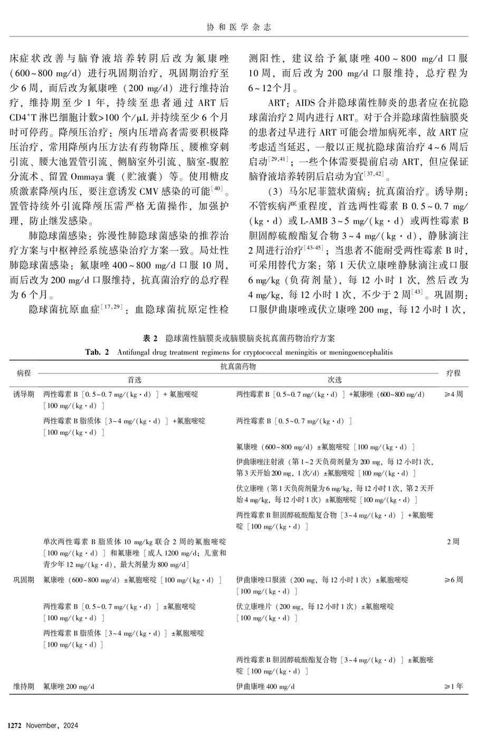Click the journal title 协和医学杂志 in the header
pyautogui.click(x=239, y=27)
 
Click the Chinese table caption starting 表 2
pyautogui.click(x=239, y=338)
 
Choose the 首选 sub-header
pyautogui.click(x=135, y=380)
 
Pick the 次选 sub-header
pyautogui.click(x=334, y=380)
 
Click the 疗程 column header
pyautogui.click(x=453, y=373)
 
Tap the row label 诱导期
pyautogui.click(x=24, y=394)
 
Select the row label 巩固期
pyautogui.click(x=24, y=580)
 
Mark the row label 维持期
pyautogui.click(x=24, y=686)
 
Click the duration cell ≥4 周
pyautogui.click(x=453, y=394)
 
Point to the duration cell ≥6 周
pyautogui.click(x=453, y=580)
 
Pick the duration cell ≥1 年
pyautogui.click(x=453, y=686)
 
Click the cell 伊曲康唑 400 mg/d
pyautogui.click(x=265, y=686)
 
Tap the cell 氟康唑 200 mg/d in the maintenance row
pyautogui.click(x=69, y=686)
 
